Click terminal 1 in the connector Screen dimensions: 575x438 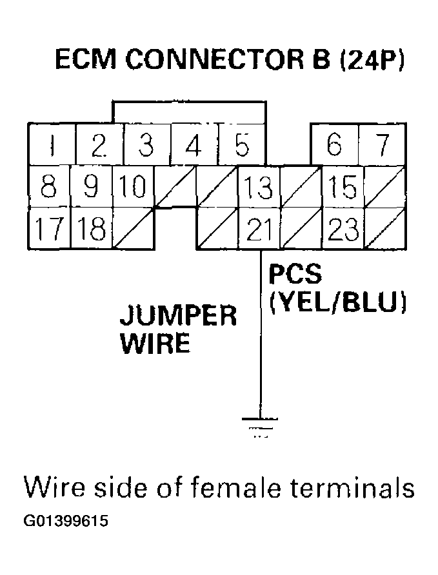52,146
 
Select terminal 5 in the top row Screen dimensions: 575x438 242,146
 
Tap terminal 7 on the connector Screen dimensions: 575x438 383,146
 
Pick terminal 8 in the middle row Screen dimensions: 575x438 49,188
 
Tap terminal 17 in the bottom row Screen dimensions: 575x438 49,229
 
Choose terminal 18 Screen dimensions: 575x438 91,229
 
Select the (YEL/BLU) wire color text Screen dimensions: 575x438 337,302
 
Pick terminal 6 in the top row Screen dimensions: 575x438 334,146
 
